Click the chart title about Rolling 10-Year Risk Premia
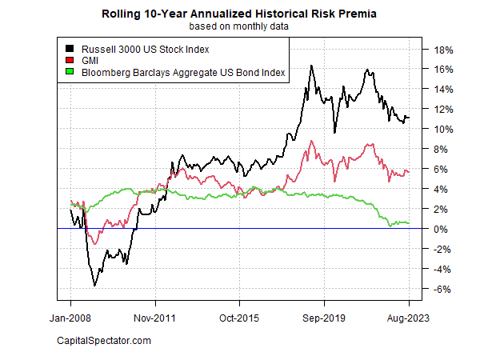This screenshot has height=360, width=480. (x=240, y=14)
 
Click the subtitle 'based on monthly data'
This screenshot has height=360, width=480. (x=240, y=26)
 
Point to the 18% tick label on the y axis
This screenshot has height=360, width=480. (x=444, y=50)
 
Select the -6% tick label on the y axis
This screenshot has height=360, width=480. (x=444, y=289)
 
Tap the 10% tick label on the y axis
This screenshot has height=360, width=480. (x=444, y=130)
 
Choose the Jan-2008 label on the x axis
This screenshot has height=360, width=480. (x=70, y=318)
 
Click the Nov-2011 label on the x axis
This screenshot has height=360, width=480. (x=154, y=318)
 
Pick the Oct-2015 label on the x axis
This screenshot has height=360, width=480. (x=239, y=318)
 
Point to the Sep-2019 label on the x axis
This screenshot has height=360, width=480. (x=324, y=318)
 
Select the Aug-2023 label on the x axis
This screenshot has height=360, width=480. (x=408, y=318)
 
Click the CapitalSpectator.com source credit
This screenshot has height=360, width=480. (x=104, y=342)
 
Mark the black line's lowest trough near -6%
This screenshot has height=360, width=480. (x=95, y=286)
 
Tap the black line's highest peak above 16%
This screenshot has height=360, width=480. (x=311, y=66)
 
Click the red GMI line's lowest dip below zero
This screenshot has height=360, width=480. (x=95, y=243)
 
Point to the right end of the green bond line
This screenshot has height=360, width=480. (x=409, y=223)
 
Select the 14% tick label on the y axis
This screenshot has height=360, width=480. (x=444, y=90)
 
